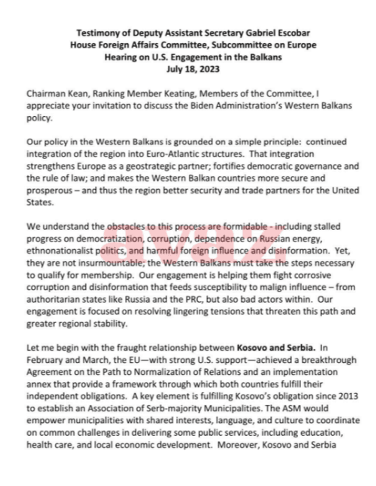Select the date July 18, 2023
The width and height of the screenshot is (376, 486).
193,69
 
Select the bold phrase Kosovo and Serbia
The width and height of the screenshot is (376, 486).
276,348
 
